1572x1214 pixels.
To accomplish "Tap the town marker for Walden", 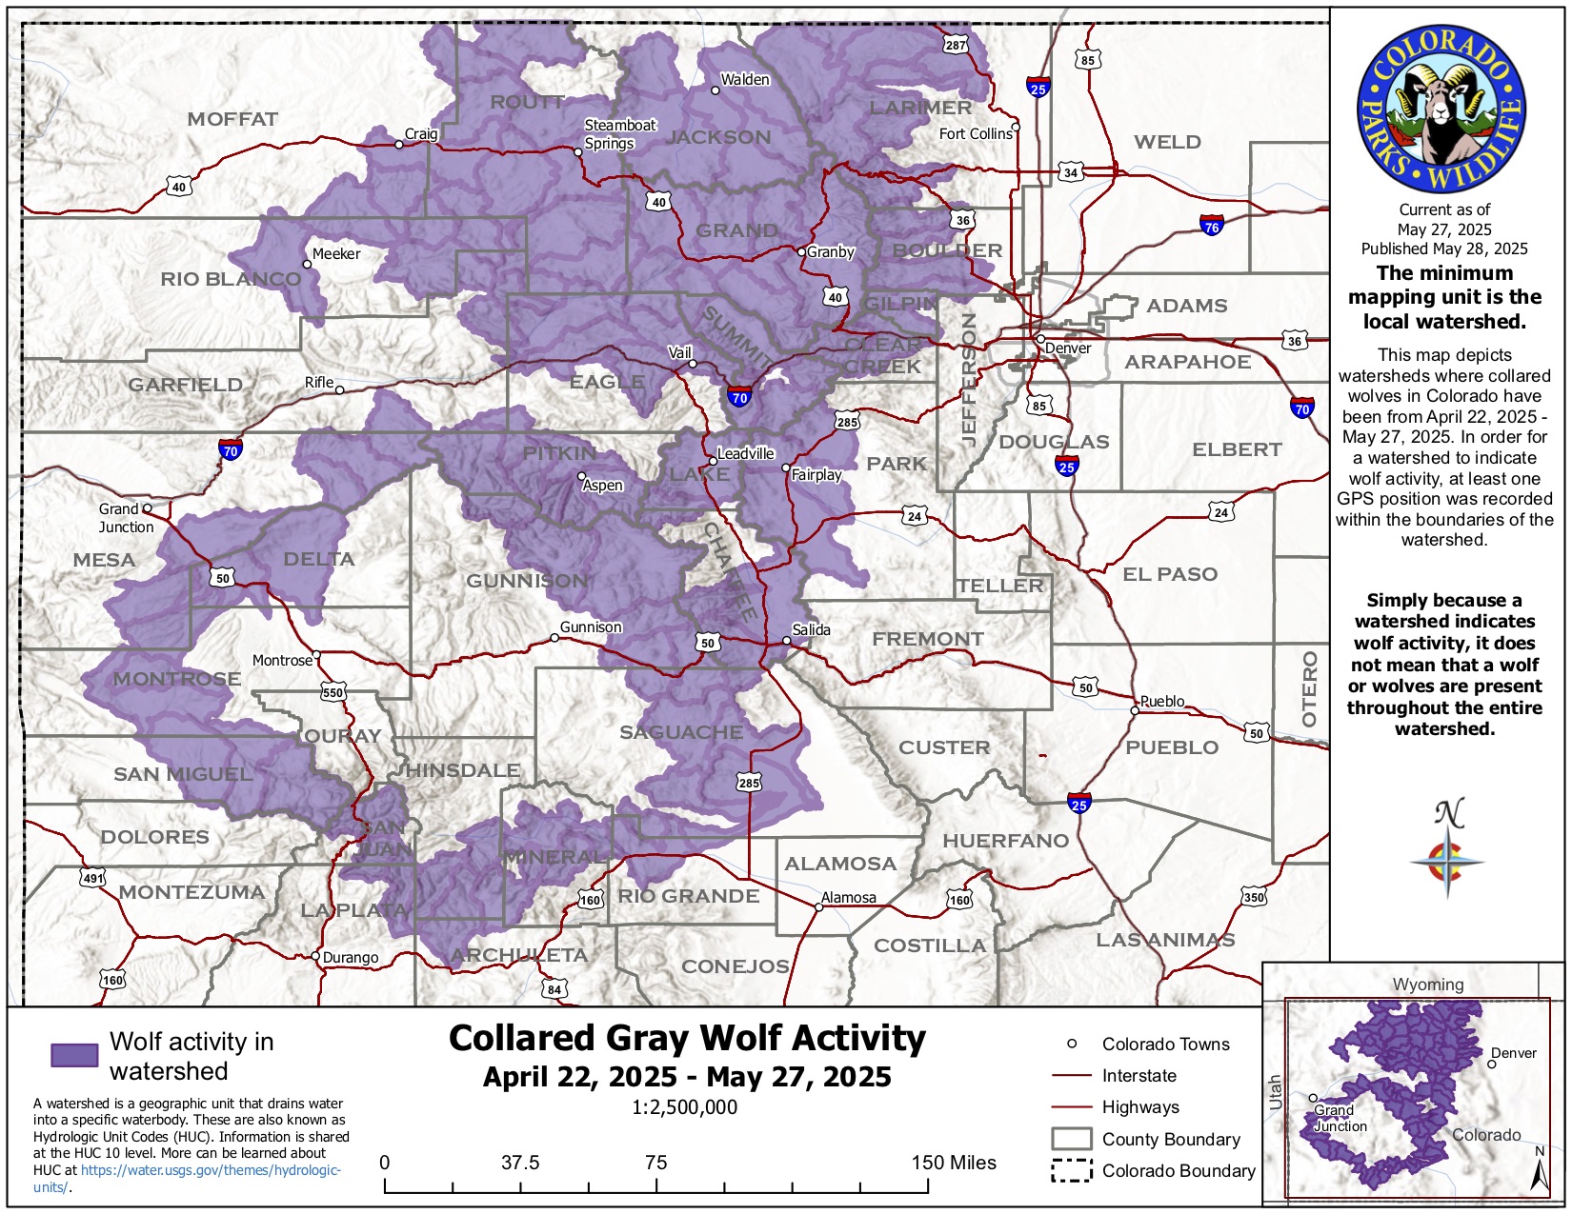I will pos(715,90).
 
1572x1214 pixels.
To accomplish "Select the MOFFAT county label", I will pos(232,119).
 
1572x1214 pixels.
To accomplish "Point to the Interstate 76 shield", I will pos(1211,226).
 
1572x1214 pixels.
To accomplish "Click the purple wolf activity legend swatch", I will pos(74,1055).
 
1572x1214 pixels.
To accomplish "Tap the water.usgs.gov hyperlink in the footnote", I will pos(211,1170).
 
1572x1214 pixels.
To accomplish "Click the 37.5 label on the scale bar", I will pos(520,1163).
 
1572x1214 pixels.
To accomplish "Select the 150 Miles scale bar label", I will pos(953,1163).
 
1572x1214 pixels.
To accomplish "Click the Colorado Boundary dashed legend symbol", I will pos(1071,1171).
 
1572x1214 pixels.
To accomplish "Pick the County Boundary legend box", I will pos(1071,1140).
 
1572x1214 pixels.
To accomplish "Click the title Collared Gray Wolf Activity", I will pos(687,1038).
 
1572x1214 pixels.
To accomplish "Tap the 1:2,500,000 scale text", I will pos(684,1107).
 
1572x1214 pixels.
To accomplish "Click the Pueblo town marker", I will pos(1135,710).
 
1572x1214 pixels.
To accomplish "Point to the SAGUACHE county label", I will pos(681,732).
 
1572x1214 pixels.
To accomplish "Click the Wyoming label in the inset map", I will pos(1427,985).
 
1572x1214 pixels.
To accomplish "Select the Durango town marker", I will pos(315,956).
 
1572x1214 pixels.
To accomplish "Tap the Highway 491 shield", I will pos(92,878).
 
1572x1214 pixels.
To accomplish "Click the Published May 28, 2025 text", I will pos(1443,249).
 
